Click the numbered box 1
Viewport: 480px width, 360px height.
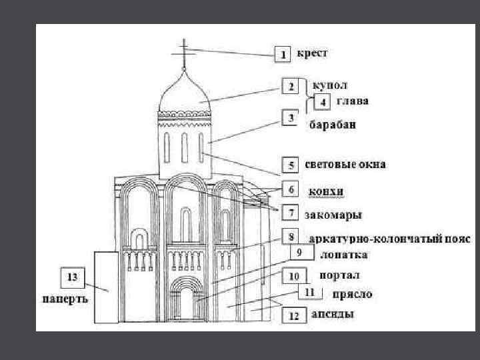coord(283,54)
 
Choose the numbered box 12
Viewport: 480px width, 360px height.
coord(293,316)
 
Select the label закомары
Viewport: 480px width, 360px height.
coord(333,215)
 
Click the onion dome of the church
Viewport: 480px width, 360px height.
coord(185,93)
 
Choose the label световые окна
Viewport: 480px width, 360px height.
coord(345,164)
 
